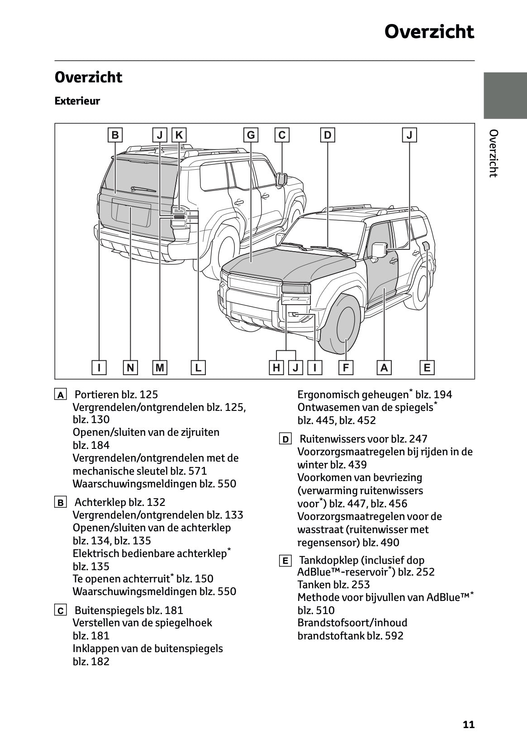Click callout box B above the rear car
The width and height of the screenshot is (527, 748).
pyautogui.click(x=115, y=135)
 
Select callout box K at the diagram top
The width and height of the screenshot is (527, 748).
pyautogui.click(x=179, y=135)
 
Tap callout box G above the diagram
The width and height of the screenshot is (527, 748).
pyautogui.click(x=251, y=135)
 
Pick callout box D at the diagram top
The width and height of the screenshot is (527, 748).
pyautogui.click(x=328, y=135)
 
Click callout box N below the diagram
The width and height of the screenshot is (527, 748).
pyautogui.click(x=130, y=367)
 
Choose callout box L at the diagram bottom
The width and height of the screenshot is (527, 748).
pyautogui.click(x=198, y=367)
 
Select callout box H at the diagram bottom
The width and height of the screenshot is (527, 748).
pyautogui.click(x=276, y=367)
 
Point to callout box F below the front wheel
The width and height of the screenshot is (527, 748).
pyautogui.click(x=346, y=367)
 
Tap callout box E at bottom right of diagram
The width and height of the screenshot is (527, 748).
pyautogui.click(x=427, y=367)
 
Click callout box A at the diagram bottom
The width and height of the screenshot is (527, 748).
pyautogui.click(x=384, y=367)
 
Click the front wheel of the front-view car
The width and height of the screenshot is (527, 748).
pyautogui.click(x=342, y=324)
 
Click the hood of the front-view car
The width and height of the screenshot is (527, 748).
pyautogui.click(x=290, y=262)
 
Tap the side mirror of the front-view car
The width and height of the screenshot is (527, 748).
pyautogui.click(x=379, y=249)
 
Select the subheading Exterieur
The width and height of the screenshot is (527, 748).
pyautogui.click(x=77, y=101)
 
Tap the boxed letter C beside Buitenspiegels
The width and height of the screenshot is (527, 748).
pyautogui.click(x=60, y=610)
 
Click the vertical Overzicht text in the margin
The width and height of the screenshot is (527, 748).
pyautogui.click(x=494, y=153)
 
